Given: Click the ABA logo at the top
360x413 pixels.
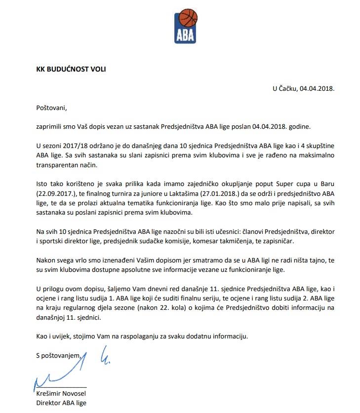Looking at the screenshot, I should pos(186,25).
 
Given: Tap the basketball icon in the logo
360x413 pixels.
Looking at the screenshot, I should pos(187,18).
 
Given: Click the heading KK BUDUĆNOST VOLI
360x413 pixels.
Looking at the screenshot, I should pos(71,69).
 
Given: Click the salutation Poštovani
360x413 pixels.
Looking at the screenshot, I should pos(51,107).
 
